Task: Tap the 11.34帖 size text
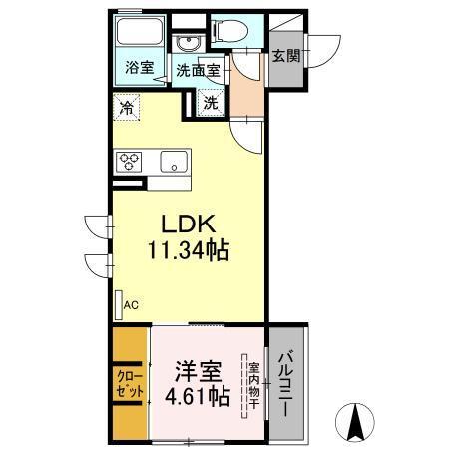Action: click(x=190, y=250)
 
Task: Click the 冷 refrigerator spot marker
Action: click(x=127, y=103)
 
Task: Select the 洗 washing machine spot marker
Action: click(x=212, y=101)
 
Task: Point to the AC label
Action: click(x=130, y=307)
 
